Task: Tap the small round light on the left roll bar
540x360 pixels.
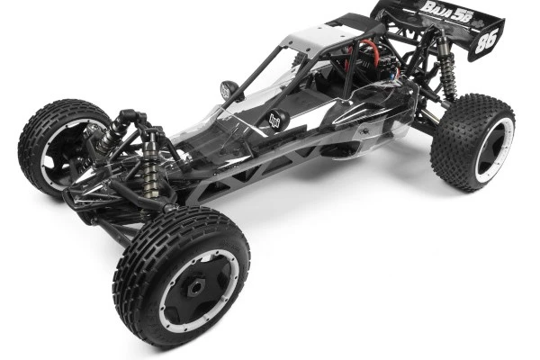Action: (229, 90)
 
